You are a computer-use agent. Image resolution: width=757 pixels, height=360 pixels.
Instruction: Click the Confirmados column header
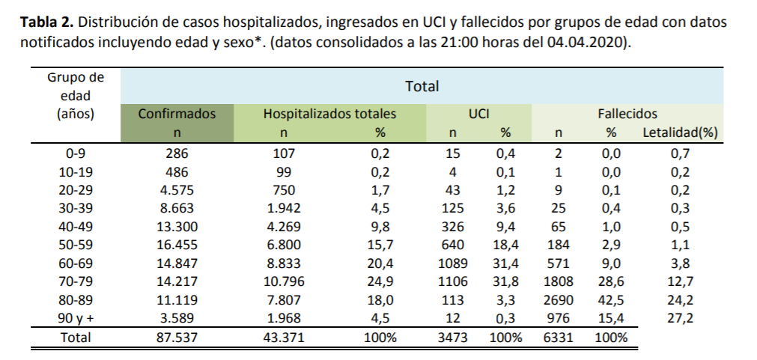[x=177, y=115]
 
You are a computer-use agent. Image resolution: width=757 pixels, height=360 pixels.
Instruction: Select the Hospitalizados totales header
[x=329, y=115]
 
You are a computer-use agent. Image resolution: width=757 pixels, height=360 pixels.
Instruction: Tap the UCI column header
[x=478, y=115]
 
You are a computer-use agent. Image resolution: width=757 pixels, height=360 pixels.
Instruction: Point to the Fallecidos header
[x=627, y=115]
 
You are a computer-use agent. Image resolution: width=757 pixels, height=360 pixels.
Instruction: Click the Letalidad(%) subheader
[x=680, y=133]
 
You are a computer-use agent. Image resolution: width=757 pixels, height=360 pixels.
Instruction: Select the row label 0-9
[x=75, y=154]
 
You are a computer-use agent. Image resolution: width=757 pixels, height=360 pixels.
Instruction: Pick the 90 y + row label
[x=75, y=319]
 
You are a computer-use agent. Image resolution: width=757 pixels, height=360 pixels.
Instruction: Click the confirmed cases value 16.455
[x=177, y=245]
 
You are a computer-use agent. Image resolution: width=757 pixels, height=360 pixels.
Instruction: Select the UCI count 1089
[x=452, y=263]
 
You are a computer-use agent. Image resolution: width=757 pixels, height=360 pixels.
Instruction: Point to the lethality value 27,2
[x=680, y=319]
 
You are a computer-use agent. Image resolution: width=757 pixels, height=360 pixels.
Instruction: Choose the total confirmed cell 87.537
[x=177, y=338]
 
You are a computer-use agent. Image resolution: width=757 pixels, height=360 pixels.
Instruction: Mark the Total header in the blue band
[x=422, y=87]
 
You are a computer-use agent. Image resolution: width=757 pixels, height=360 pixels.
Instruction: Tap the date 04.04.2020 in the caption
[x=589, y=42]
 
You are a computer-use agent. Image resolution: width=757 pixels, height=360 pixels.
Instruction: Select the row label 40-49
[x=75, y=227]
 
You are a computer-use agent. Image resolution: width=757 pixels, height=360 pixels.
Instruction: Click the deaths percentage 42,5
[x=611, y=301]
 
